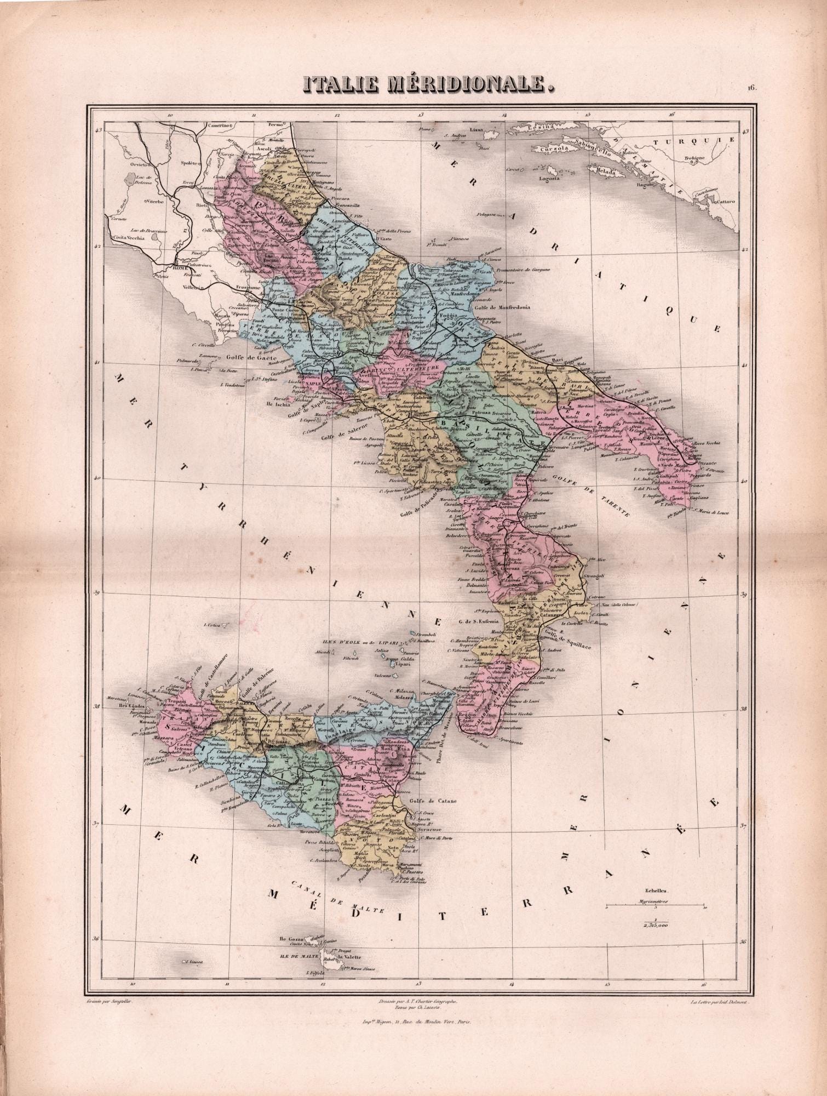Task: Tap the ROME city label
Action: pos(180,267)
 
